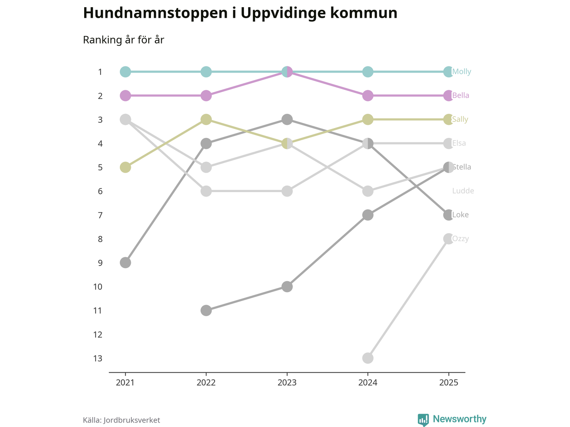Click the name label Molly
click(x=461, y=72)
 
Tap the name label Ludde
click(x=463, y=191)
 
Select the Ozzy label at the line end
click(x=460, y=239)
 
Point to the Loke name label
click(x=460, y=215)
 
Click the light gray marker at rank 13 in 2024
click(x=368, y=358)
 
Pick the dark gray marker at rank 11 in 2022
click(x=206, y=310)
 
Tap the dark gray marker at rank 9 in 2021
click(x=126, y=262)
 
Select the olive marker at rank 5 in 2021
click(x=126, y=167)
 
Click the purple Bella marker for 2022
click(x=206, y=96)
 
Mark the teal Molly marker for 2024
click(x=368, y=72)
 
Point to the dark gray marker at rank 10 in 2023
click(x=287, y=286)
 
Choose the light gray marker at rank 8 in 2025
click(x=448, y=239)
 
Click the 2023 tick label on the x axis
click(x=287, y=383)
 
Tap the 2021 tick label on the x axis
click(x=126, y=383)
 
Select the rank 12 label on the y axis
click(x=98, y=334)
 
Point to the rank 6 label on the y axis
click(x=100, y=191)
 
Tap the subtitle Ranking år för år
click(x=123, y=40)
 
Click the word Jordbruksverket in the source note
click(x=131, y=420)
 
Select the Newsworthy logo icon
click(x=423, y=419)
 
